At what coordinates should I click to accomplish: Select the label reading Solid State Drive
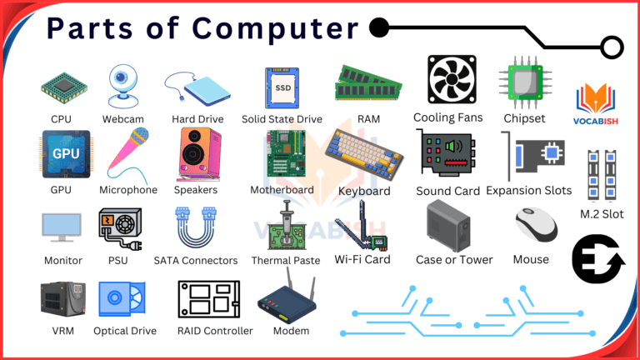pos(282,119)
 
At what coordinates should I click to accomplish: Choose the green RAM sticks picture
pos(368,83)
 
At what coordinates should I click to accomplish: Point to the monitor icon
pos(62,227)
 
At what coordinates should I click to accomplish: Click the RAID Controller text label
pos(215,331)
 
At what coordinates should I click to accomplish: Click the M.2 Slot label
pos(602,215)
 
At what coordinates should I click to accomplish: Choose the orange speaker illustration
pos(200,155)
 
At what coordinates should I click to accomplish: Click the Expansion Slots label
pos(529,191)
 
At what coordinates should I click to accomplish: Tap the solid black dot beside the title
pos(379,27)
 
